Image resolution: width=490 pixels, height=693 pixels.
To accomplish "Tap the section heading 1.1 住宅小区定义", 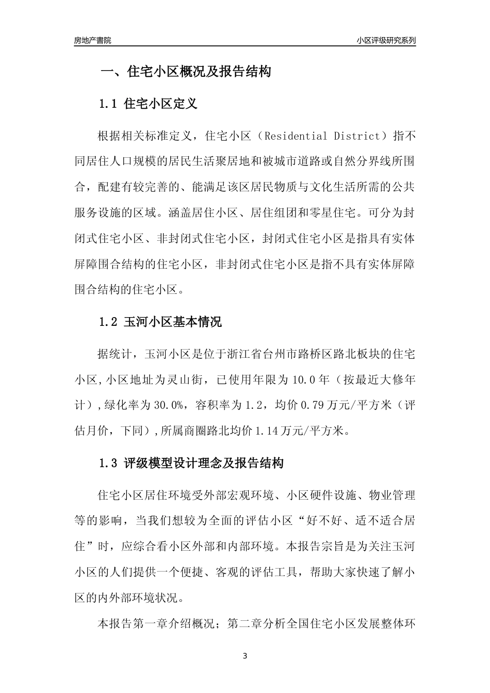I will [148, 104].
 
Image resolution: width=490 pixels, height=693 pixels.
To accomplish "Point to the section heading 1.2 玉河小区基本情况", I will [160, 322].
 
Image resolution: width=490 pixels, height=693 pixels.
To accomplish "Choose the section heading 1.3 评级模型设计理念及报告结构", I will [191, 463].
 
